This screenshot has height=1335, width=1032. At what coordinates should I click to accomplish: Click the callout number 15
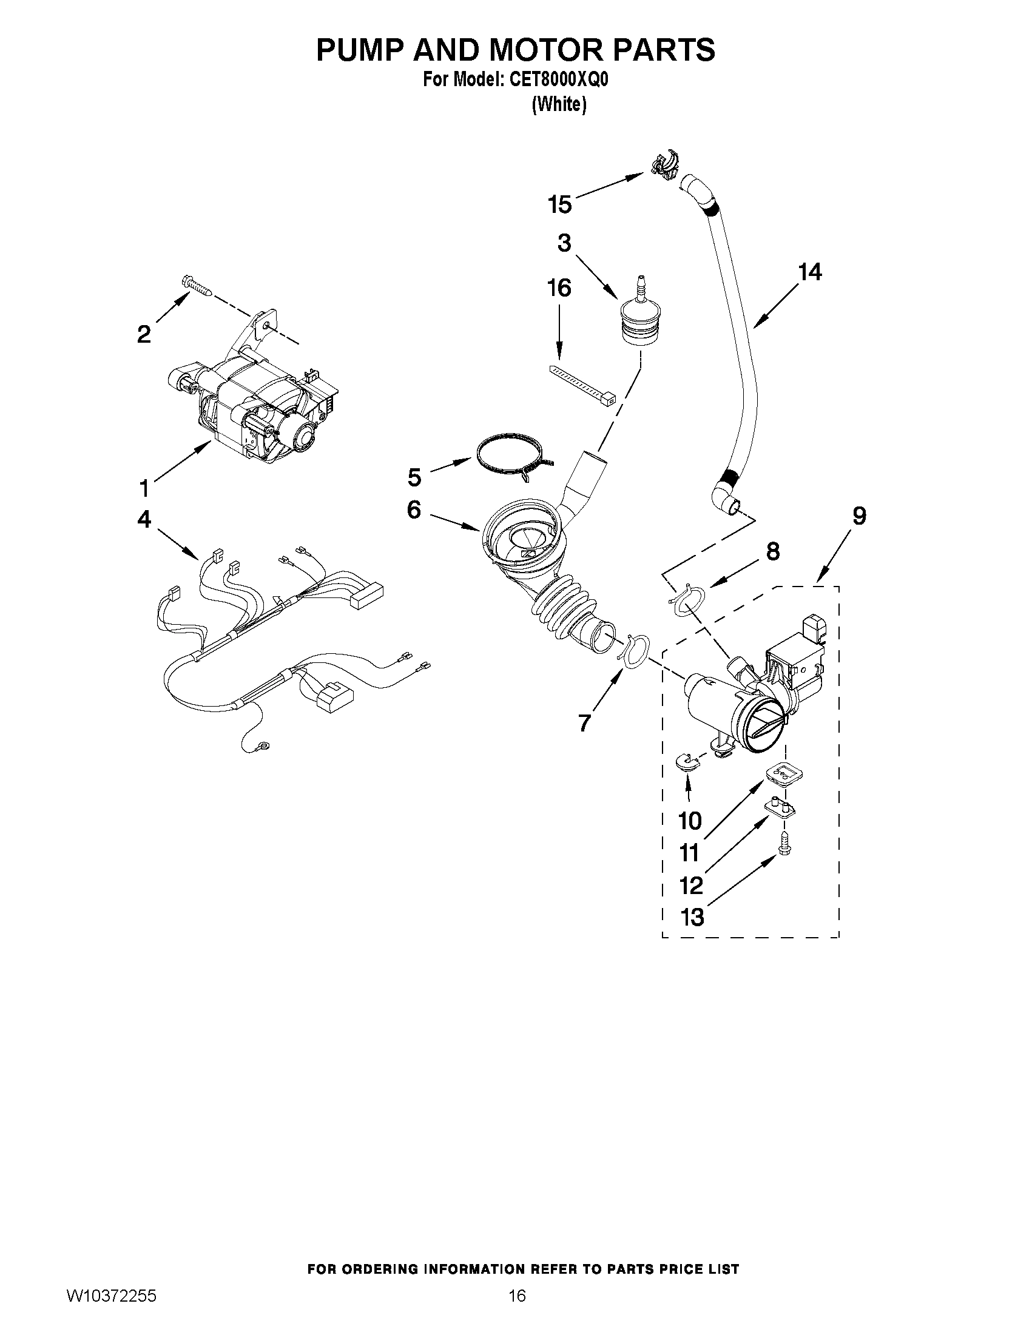tap(559, 204)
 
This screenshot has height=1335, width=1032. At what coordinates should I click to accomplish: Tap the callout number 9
tap(858, 517)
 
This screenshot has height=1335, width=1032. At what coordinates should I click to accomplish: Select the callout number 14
tap(810, 272)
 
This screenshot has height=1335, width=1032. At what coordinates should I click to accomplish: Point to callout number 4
tap(144, 520)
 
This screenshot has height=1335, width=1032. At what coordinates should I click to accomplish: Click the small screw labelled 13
tap(783, 846)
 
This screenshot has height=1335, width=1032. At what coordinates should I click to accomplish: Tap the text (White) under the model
tap(559, 104)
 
